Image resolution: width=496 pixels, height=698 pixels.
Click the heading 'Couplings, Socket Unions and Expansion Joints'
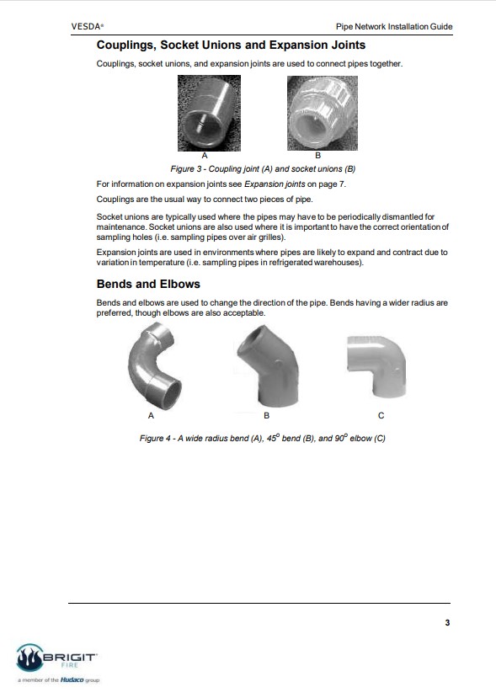(x=231, y=45)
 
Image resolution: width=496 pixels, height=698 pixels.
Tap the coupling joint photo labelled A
(x=210, y=113)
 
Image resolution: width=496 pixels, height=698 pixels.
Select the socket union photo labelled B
(x=323, y=113)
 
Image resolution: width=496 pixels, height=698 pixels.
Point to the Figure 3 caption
(x=263, y=169)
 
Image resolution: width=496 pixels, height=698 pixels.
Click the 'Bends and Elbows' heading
(x=148, y=284)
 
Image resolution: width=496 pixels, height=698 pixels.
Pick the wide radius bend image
(x=154, y=366)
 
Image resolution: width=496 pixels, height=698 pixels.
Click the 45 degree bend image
(x=267, y=366)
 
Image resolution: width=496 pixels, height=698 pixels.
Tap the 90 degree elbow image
(x=376, y=366)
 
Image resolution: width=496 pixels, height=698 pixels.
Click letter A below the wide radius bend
(x=151, y=416)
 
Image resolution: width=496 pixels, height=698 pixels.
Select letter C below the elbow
(x=381, y=416)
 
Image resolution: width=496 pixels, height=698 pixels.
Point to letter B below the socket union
(x=318, y=156)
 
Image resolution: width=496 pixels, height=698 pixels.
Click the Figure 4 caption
(x=262, y=438)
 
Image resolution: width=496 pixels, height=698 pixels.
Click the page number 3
(x=447, y=623)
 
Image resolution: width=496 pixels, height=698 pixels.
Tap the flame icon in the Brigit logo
(x=29, y=658)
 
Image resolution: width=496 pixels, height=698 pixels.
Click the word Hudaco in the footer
(x=72, y=679)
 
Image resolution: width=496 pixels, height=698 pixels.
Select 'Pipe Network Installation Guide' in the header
(x=394, y=27)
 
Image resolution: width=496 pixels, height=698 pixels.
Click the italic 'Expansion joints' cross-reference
(x=275, y=184)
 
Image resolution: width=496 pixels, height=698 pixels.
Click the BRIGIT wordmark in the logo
(x=70, y=657)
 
